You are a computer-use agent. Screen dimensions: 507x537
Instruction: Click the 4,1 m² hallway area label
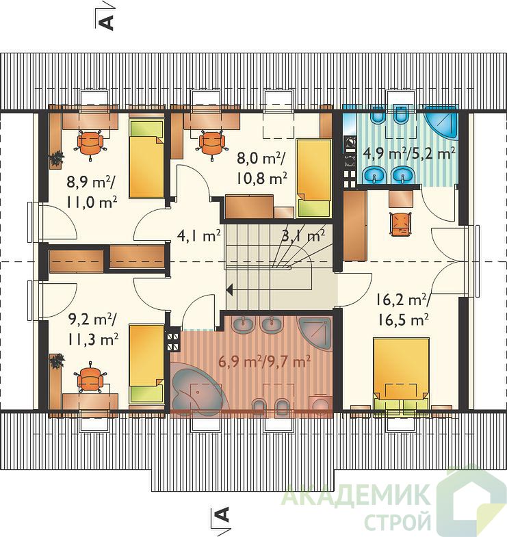[198, 235]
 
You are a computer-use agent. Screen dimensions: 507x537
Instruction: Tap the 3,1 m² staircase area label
[303, 235]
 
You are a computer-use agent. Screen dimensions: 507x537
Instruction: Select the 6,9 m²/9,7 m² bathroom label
[264, 361]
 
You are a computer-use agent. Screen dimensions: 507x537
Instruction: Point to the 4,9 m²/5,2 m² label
[409, 153]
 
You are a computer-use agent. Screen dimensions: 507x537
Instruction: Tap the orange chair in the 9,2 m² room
[90, 378]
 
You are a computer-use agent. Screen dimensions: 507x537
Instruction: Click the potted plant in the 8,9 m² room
[57, 159]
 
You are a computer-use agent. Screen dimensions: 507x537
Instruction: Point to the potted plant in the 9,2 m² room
[57, 362]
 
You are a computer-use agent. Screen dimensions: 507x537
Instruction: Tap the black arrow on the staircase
[229, 290]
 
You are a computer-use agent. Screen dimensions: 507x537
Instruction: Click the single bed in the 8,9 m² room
[146, 159]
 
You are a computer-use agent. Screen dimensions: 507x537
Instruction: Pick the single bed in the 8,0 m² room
[314, 178]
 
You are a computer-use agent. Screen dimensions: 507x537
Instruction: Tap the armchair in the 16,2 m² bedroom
[400, 223]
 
